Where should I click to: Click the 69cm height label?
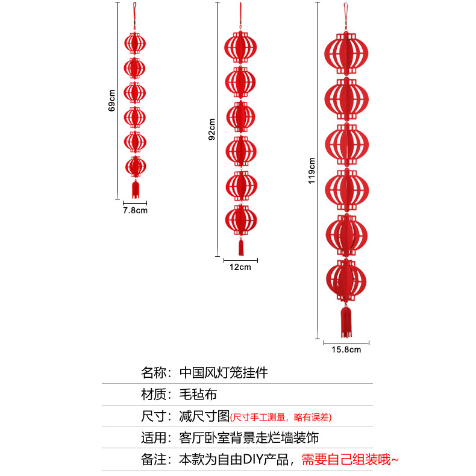coord(112,101)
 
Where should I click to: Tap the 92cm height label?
coord(211,128)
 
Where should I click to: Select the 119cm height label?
coord(312,171)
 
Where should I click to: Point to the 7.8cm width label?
coord(135,211)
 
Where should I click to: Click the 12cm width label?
coord(240,267)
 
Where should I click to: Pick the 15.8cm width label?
coord(346,349)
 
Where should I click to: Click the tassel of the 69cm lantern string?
coord(136,189)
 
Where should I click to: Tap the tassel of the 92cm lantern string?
coord(241,246)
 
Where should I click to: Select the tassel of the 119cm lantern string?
coord(346,321)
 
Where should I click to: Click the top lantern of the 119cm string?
coord(346,53)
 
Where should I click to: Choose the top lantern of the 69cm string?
coord(135,43)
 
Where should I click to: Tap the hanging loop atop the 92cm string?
coord(240,12)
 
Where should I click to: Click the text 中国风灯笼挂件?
coord(224,372)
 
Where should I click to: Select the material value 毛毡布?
coord(198,395)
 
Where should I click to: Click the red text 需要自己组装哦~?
coord(349,460)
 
